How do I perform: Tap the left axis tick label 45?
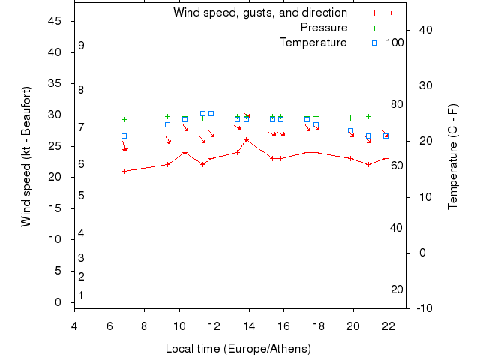55,21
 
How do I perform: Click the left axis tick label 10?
55,239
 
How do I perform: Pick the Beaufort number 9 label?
81,46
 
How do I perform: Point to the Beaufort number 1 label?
81,295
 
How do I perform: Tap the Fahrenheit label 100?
394,43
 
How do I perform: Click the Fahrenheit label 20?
397,289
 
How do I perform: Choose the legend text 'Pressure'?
324,28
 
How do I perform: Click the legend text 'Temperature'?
313,43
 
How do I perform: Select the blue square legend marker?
375,43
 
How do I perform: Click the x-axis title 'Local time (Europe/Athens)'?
238,349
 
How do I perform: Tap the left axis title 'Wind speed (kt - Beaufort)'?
26,157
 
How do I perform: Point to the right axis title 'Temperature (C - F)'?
452,157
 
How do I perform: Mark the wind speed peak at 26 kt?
246,139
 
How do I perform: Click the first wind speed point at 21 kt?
124,171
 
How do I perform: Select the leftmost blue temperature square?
124,136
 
